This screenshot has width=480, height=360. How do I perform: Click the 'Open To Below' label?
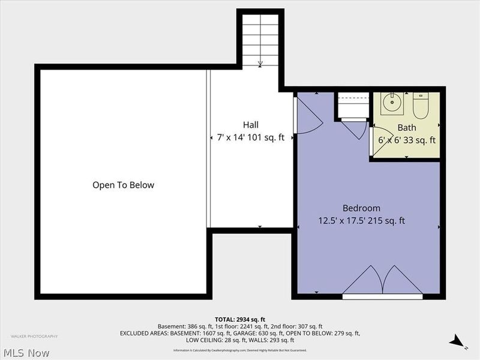(x=123, y=185)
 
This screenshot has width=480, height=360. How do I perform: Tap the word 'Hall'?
(x=251, y=125)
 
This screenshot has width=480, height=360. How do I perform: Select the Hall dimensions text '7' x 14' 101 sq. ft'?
(x=251, y=138)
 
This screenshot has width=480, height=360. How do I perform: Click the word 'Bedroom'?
(x=361, y=208)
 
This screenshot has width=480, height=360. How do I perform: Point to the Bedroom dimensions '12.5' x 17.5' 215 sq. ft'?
(x=361, y=221)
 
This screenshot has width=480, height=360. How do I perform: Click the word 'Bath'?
(x=406, y=128)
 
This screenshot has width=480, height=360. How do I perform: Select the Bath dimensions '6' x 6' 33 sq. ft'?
(x=406, y=140)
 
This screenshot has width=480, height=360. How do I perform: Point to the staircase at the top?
(x=260, y=39)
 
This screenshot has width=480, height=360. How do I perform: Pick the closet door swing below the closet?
(x=356, y=128)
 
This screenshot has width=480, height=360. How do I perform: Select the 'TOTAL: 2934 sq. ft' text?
(x=239, y=319)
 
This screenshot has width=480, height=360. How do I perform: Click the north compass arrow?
(x=457, y=341)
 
